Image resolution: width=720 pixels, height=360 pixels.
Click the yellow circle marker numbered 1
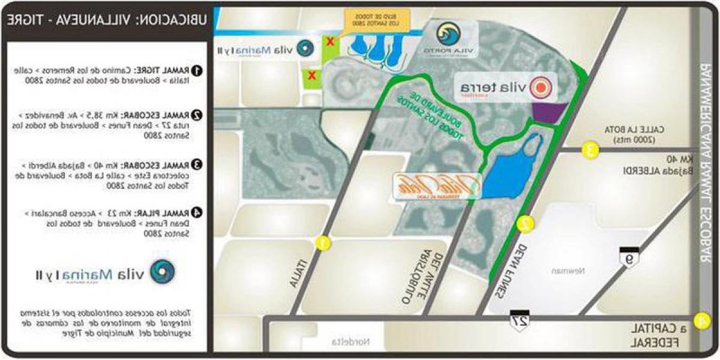point(322,243)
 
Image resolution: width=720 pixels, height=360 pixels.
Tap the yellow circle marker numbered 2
point(526,224)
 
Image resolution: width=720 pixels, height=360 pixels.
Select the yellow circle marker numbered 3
point(591,150)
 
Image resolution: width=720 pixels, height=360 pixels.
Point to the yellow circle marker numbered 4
point(700,320)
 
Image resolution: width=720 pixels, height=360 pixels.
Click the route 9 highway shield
point(629,257)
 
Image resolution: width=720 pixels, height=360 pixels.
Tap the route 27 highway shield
point(520,319)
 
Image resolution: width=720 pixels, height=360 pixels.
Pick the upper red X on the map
point(329,42)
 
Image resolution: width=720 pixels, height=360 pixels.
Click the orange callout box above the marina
point(377,18)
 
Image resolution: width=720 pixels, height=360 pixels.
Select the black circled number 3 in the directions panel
point(196,164)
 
